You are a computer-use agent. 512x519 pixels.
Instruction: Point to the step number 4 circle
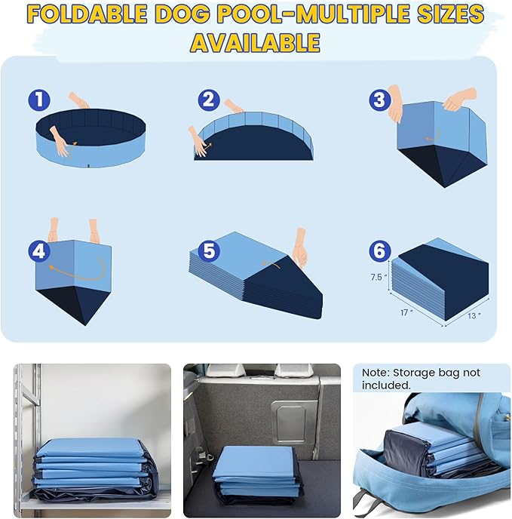pyautogui.click(x=39, y=250)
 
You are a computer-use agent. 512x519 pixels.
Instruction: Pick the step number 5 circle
pyautogui.click(x=209, y=250)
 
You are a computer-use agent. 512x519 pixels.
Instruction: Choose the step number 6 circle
pyautogui.click(x=379, y=250)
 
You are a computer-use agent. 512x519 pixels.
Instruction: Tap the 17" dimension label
pyautogui.click(x=407, y=311)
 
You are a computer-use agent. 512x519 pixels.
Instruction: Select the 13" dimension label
pyautogui.click(x=473, y=315)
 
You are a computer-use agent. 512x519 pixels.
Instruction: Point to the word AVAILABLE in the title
pyautogui.click(x=255, y=42)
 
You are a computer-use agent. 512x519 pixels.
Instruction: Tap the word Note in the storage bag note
pyautogui.click(x=375, y=373)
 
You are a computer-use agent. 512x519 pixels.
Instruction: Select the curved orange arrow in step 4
pyautogui.click(x=75, y=271)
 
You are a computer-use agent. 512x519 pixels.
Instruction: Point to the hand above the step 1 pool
pyautogui.click(x=78, y=100)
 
